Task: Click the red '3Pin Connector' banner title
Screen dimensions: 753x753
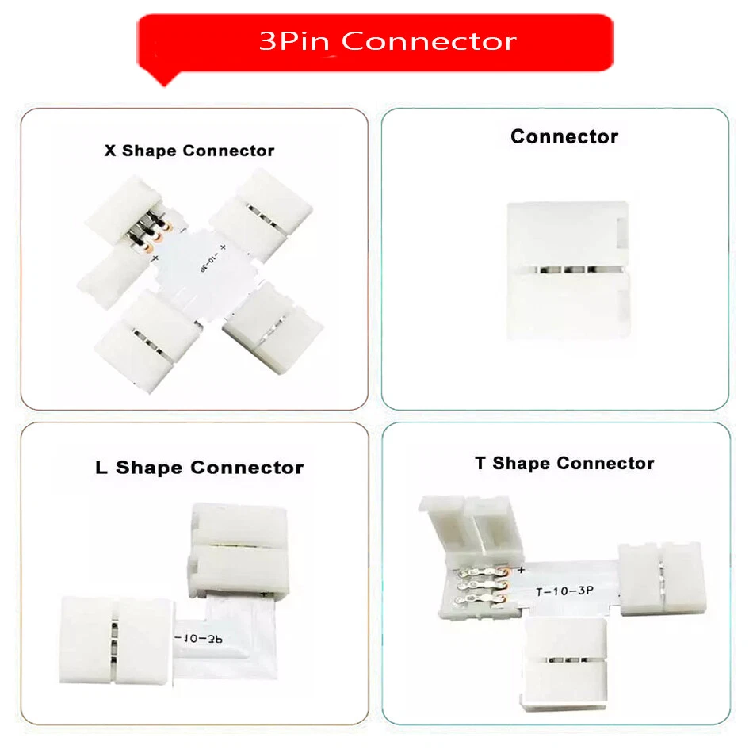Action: (x=387, y=40)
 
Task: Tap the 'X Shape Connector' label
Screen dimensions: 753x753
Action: (x=189, y=151)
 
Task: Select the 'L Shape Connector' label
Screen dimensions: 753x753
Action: (x=199, y=468)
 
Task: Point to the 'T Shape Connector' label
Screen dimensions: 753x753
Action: (x=564, y=464)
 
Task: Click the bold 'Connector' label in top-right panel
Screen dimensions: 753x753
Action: (x=564, y=137)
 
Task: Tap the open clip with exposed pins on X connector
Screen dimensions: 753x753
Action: (x=135, y=230)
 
